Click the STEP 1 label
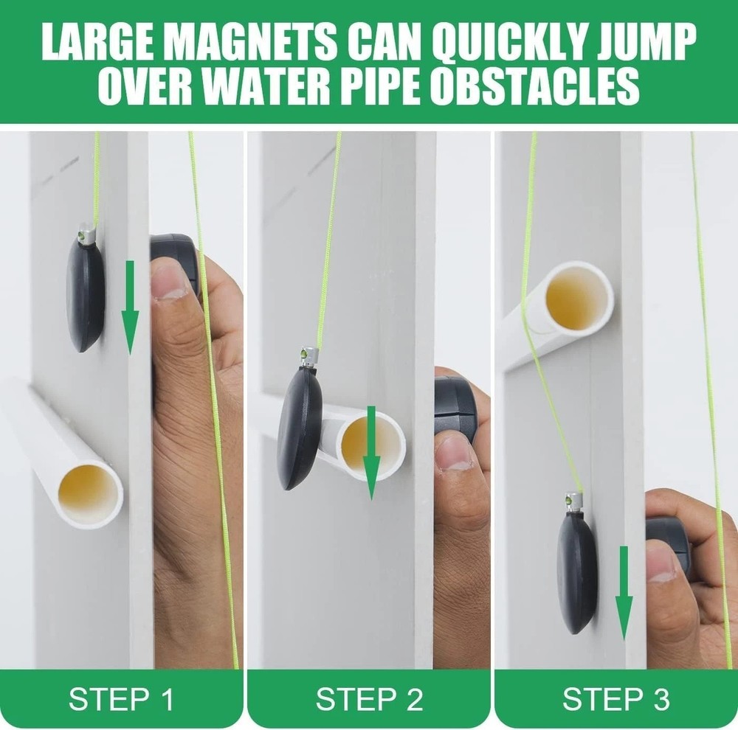pyautogui.click(x=122, y=698)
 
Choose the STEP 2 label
pyautogui.click(x=369, y=698)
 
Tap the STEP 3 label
pyautogui.click(x=616, y=698)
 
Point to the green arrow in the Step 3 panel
pyautogui.click(x=624, y=594)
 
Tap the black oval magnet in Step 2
pyautogui.click(x=299, y=428)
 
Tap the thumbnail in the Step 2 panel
pyautogui.click(x=455, y=453)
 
